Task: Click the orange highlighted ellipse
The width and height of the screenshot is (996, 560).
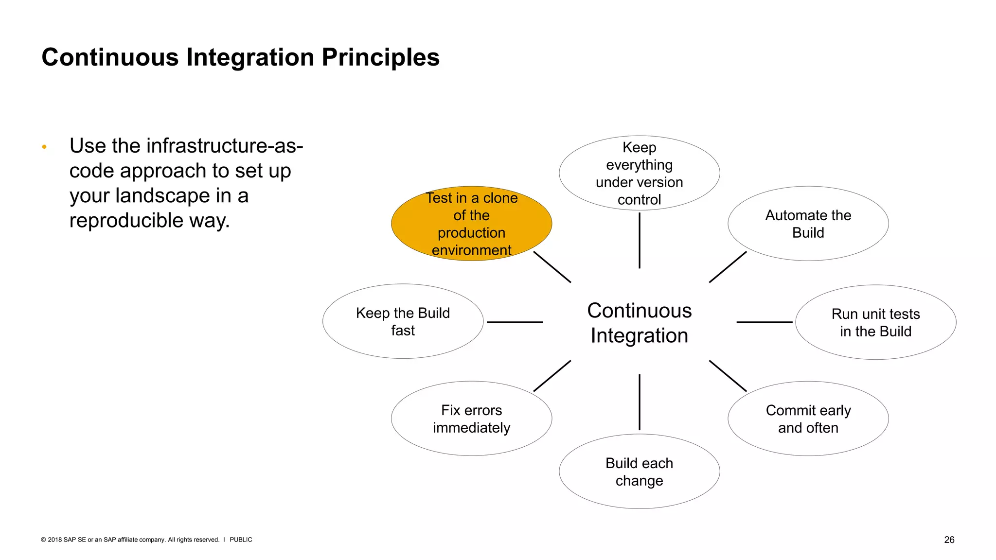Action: [x=471, y=224]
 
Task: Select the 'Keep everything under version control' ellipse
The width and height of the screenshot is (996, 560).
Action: [x=639, y=173]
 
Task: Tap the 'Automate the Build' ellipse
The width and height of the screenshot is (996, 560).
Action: [x=808, y=224]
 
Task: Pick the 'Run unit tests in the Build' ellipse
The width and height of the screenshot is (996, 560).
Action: [x=875, y=322]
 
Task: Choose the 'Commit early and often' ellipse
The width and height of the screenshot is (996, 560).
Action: [x=808, y=419]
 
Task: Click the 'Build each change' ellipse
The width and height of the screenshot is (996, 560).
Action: [x=639, y=472]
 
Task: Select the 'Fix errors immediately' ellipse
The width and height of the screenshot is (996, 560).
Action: [x=471, y=419]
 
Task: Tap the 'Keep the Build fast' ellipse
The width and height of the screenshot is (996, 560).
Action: [x=403, y=321]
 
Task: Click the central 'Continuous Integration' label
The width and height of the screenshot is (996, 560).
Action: [x=639, y=323]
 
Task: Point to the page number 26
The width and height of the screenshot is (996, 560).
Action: [x=949, y=540]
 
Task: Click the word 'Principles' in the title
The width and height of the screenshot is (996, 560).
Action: [x=380, y=57]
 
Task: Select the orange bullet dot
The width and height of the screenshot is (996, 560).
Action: [x=44, y=147]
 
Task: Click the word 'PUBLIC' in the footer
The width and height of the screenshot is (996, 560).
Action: [x=241, y=540]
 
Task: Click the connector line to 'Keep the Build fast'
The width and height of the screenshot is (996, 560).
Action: [x=515, y=322]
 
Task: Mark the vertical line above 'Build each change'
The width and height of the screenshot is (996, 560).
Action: [x=639, y=402]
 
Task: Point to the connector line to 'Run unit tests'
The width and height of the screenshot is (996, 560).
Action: [x=764, y=322]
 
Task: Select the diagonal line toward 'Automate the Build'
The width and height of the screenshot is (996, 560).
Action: [x=728, y=267]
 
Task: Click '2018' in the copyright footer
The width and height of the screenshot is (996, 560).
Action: [x=54, y=540]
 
